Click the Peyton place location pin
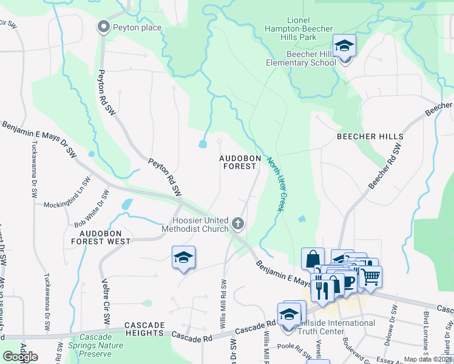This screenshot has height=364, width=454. point(103,26)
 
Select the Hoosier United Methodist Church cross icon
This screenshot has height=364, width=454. point(238,224)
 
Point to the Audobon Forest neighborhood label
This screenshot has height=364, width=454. point(238,162)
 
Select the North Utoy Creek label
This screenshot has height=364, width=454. point(275,184)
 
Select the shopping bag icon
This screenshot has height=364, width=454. point(313,259)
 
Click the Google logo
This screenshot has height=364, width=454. point(20,356)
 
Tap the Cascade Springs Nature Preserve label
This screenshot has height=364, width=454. point(100,346)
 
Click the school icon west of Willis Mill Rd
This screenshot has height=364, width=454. point(183,257)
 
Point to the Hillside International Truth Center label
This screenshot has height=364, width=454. point(329,328)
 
